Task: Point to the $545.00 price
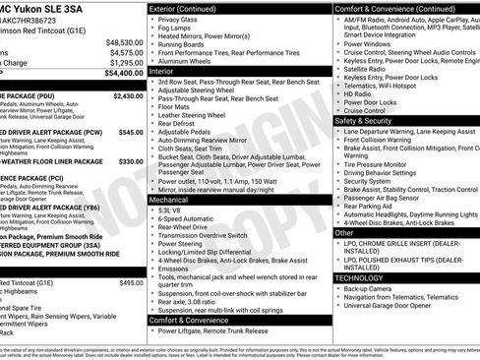coord(130,131)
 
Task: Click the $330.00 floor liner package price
coord(130,161)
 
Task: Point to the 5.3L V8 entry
coord(173,210)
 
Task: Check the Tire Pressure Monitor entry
coord(384,164)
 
